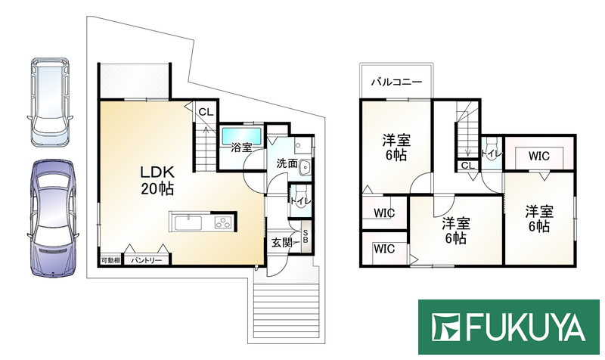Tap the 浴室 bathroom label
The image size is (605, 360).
pos(241,149)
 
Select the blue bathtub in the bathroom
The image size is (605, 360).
pos(241,135)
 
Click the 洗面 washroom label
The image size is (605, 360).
pos(287,163)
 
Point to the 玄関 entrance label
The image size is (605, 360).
pos(282,243)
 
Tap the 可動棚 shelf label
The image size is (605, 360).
pos(110,260)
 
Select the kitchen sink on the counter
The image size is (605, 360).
pos(188,222)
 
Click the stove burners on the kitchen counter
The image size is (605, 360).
pos(223,222)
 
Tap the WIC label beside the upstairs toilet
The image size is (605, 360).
pos(538,157)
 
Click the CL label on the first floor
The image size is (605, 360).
pos(204,113)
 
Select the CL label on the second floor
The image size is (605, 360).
pos(467,166)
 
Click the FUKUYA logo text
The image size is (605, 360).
pos(526,328)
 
